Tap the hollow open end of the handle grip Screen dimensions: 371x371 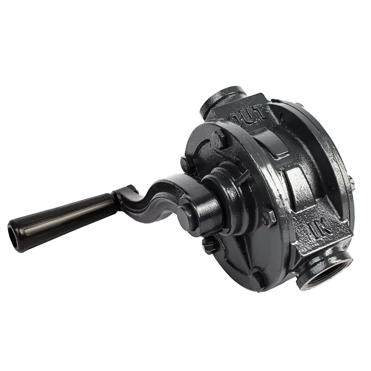click(15, 235)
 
